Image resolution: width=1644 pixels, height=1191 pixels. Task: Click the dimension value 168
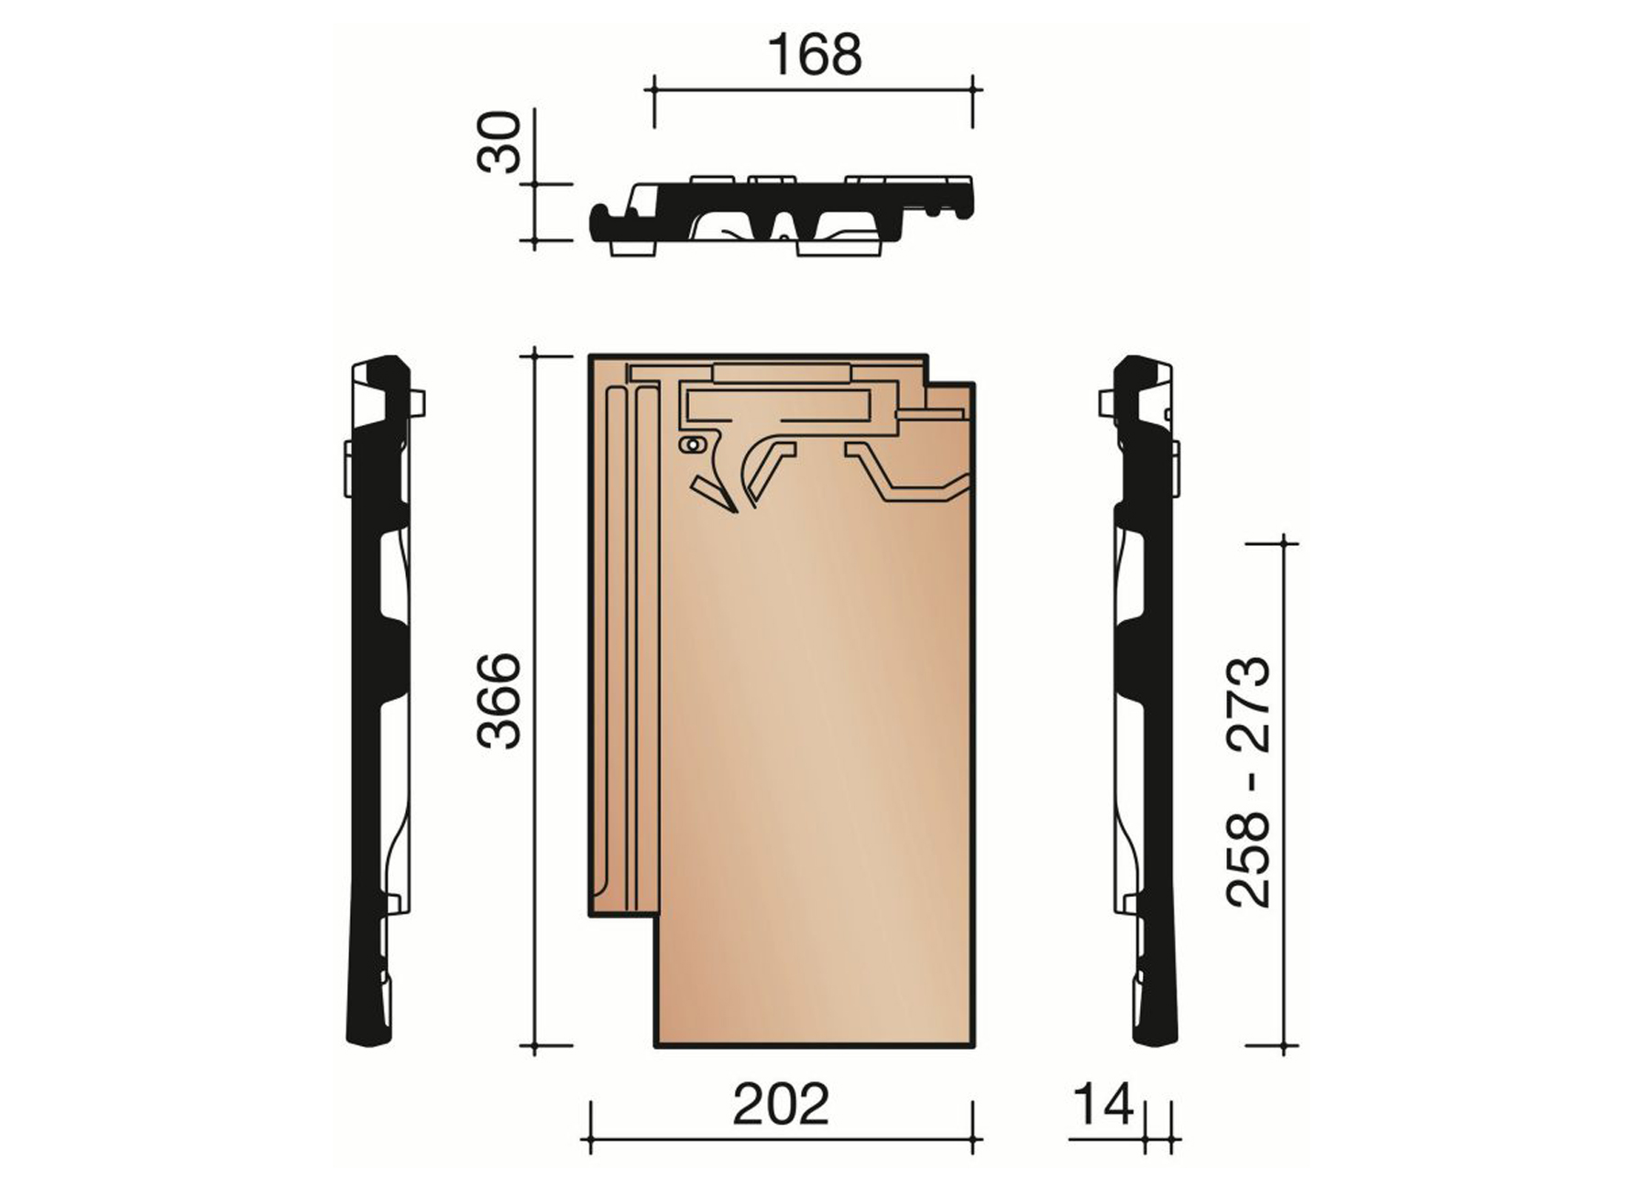tap(815, 56)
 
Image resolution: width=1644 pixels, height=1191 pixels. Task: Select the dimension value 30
tap(500, 142)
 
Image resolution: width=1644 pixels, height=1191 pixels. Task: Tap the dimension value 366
tap(500, 701)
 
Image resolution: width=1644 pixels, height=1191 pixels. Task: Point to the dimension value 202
tap(781, 1104)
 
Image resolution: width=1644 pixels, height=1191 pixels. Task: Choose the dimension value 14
tap(1102, 1104)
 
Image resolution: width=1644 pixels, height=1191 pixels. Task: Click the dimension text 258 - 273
tap(1249, 781)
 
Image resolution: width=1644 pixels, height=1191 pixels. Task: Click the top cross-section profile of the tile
tap(782, 214)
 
